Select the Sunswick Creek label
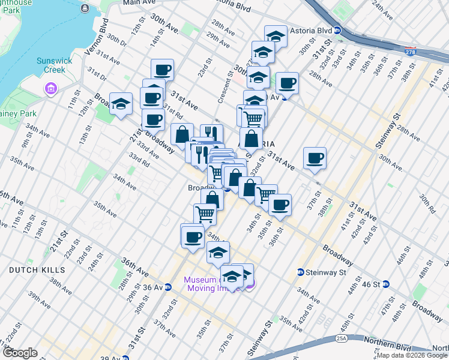tap(42, 65)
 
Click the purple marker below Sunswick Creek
tap(50, 90)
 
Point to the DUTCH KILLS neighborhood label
tap(33, 271)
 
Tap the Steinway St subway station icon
tap(300, 273)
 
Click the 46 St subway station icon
tap(387, 284)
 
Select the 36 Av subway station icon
tap(169, 287)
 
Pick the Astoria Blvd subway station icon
tap(338, 30)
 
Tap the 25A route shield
tap(342, 338)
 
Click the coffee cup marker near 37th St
tap(315, 158)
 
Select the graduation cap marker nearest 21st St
tap(121, 104)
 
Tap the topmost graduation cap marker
tap(276, 36)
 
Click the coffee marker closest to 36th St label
tap(279, 205)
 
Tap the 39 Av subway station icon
tap(125, 358)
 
